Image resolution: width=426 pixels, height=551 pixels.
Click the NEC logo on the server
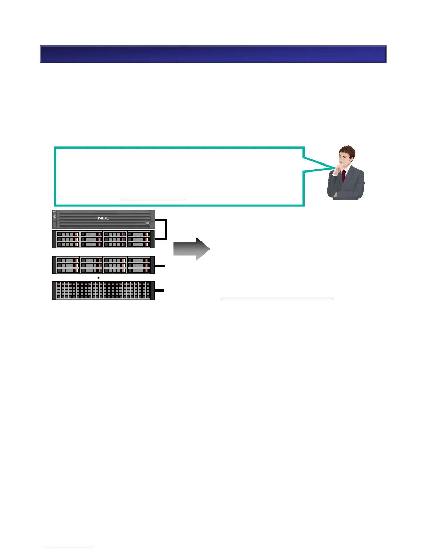(x=103, y=218)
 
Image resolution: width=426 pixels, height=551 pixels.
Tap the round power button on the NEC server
(x=148, y=223)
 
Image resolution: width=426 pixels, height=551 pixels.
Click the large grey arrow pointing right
(x=192, y=249)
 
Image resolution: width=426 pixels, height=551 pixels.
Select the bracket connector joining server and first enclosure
(x=166, y=229)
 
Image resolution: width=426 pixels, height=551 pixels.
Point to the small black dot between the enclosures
(x=99, y=278)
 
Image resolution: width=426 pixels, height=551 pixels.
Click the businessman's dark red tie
(x=344, y=176)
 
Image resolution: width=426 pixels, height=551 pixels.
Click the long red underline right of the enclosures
(x=277, y=298)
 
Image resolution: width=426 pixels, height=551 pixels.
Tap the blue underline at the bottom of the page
(x=69, y=548)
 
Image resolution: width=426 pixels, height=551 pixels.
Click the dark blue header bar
(x=213, y=54)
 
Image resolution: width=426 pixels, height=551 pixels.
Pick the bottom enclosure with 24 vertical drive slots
(x=103, y=290)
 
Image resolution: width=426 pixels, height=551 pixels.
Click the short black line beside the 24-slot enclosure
(x=159, y=290)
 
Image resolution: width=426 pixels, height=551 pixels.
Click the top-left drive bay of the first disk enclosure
(x=68, y=234)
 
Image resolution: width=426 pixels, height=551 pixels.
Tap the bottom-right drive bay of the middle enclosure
(x=139, y=271)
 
